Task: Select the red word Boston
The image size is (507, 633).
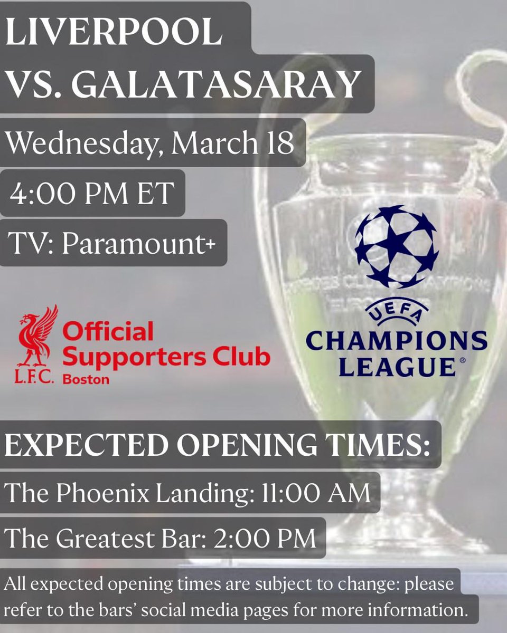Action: click(x=86, y=379)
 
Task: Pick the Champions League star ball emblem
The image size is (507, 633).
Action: click(x=396, y=246)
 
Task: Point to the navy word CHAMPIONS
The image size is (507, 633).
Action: click(x=396, y=341)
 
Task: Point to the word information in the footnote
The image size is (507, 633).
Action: click(x=414, y=611)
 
